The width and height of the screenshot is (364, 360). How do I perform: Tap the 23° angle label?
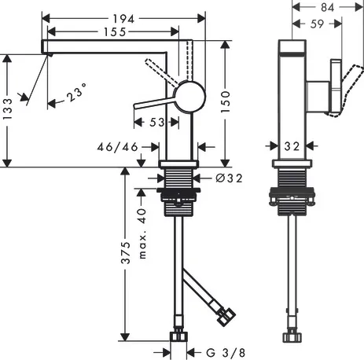(77, 94)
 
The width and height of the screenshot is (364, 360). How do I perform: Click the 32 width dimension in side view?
(292, 145)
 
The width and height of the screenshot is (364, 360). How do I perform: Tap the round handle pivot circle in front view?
(189, 96)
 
